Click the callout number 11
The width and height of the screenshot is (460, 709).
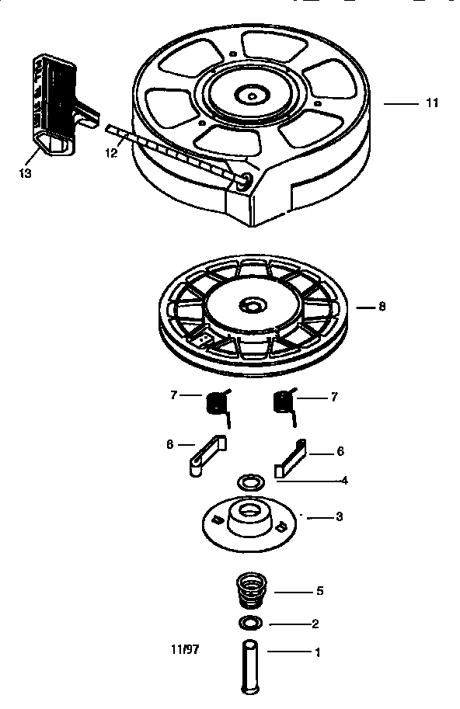pos(432,103)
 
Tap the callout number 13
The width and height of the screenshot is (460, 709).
pos(25,173)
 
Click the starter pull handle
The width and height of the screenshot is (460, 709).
pos(57,104)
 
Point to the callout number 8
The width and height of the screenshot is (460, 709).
pos(382,307)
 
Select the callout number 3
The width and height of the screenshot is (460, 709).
pos(339,516)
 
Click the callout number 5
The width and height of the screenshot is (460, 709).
pos(319,591)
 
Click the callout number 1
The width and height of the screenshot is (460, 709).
pos(317,653)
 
